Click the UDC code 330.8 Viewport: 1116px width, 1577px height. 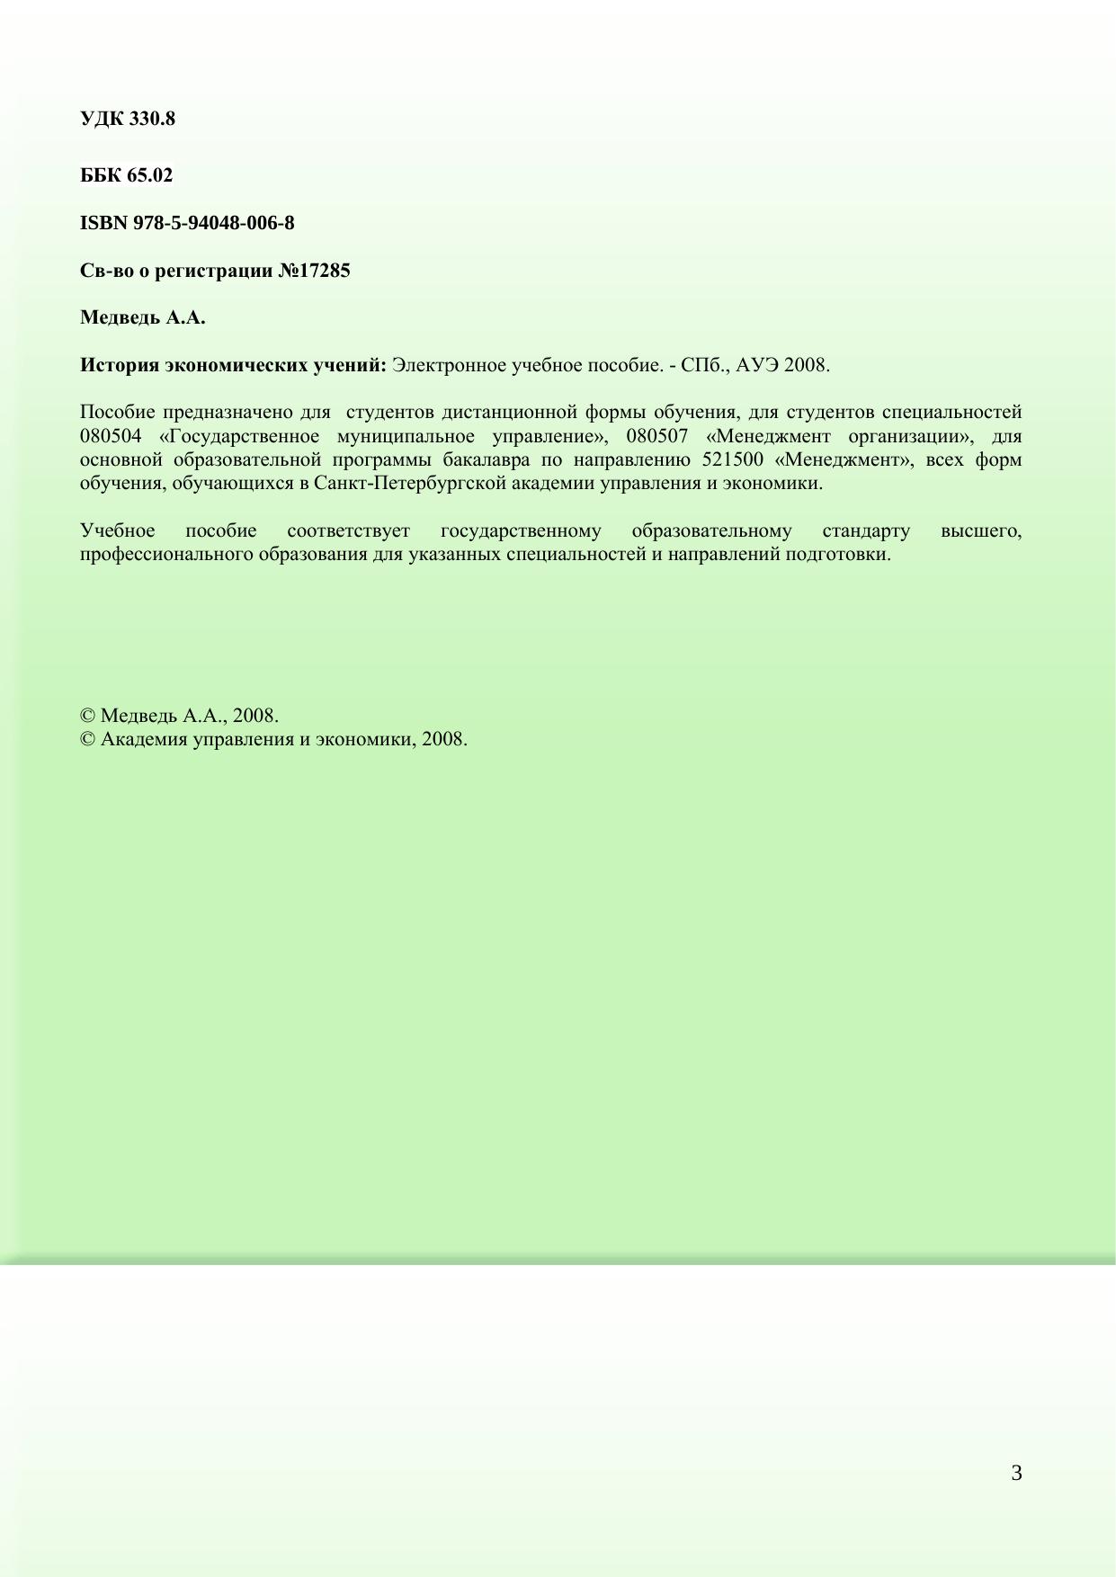(x=152, y=119)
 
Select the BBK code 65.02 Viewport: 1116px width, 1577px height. (x=149, y=175)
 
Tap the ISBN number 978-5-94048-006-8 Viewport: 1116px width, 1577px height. (x=213, y=223)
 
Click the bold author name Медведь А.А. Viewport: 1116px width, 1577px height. (x=142, y=318)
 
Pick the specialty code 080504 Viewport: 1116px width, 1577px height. (x=110, y=437)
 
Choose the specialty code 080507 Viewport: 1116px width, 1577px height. (x=656, y=437)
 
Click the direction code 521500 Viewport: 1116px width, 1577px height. (x=732, y=460)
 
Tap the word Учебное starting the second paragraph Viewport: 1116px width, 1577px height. (x=117, y=531)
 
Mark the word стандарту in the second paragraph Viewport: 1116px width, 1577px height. (x=865, y=531)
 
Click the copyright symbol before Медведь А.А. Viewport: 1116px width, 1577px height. (x=87, y=717)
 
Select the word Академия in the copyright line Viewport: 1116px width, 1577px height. (x=142, y=740)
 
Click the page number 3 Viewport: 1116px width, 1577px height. (x=1016, y=1474)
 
